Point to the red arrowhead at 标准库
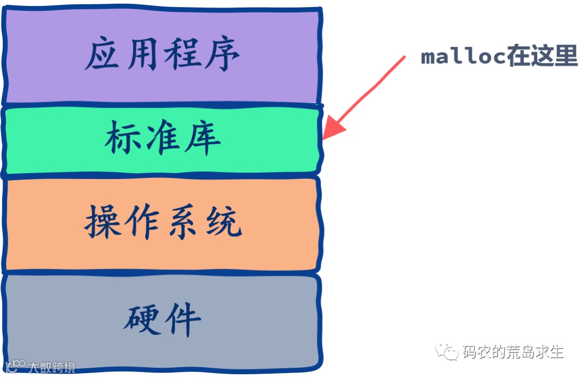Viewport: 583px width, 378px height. pos(332,130)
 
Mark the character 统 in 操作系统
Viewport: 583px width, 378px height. pos(222,222)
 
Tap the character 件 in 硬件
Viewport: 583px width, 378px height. pos(182,318)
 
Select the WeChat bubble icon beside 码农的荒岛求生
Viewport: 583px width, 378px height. pos(448,352)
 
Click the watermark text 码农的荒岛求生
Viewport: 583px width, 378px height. pos(513,353)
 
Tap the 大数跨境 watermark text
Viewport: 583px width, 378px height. pos(51,368)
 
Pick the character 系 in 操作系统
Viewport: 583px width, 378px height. pos(182,222)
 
